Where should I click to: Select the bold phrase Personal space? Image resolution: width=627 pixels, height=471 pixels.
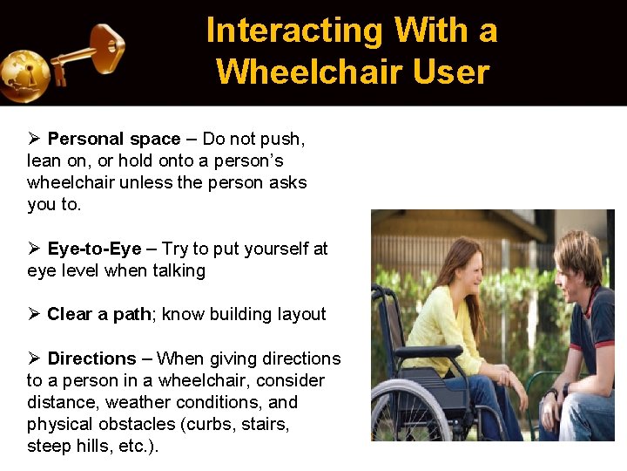tap(114, 140)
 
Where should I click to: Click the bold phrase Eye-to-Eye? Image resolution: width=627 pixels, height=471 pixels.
tap(94, 249)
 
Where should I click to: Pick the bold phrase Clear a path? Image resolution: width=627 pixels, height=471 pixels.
tap(99, 314)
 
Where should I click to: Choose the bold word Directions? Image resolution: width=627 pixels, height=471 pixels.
tap(91, 358)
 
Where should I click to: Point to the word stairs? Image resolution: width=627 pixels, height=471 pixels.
tap(267, 424)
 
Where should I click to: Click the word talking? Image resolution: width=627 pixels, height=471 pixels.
tap(179, 270)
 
